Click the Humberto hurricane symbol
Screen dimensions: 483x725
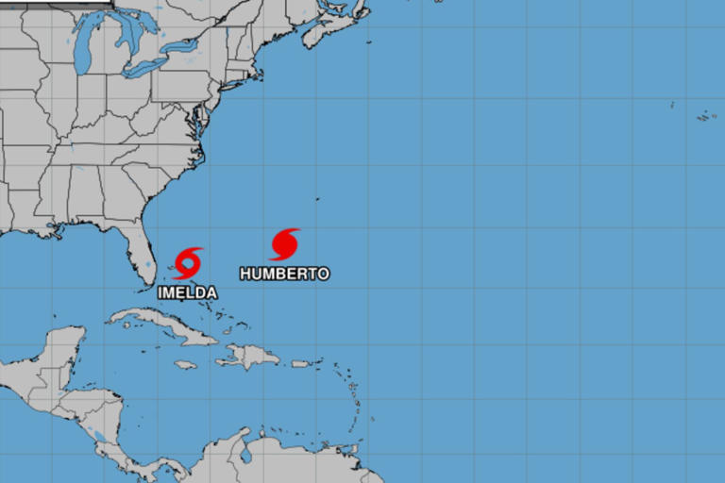tap(284, 244)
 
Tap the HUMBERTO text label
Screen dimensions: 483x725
tap(284, 274)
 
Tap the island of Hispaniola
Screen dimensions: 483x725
tap(250, 357)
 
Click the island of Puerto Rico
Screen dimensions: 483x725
tap(301, 363)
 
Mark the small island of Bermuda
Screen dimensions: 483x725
tap(318, 199)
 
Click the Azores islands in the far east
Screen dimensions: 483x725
tap(706, 116)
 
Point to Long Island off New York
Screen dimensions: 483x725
tap(235, 77)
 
